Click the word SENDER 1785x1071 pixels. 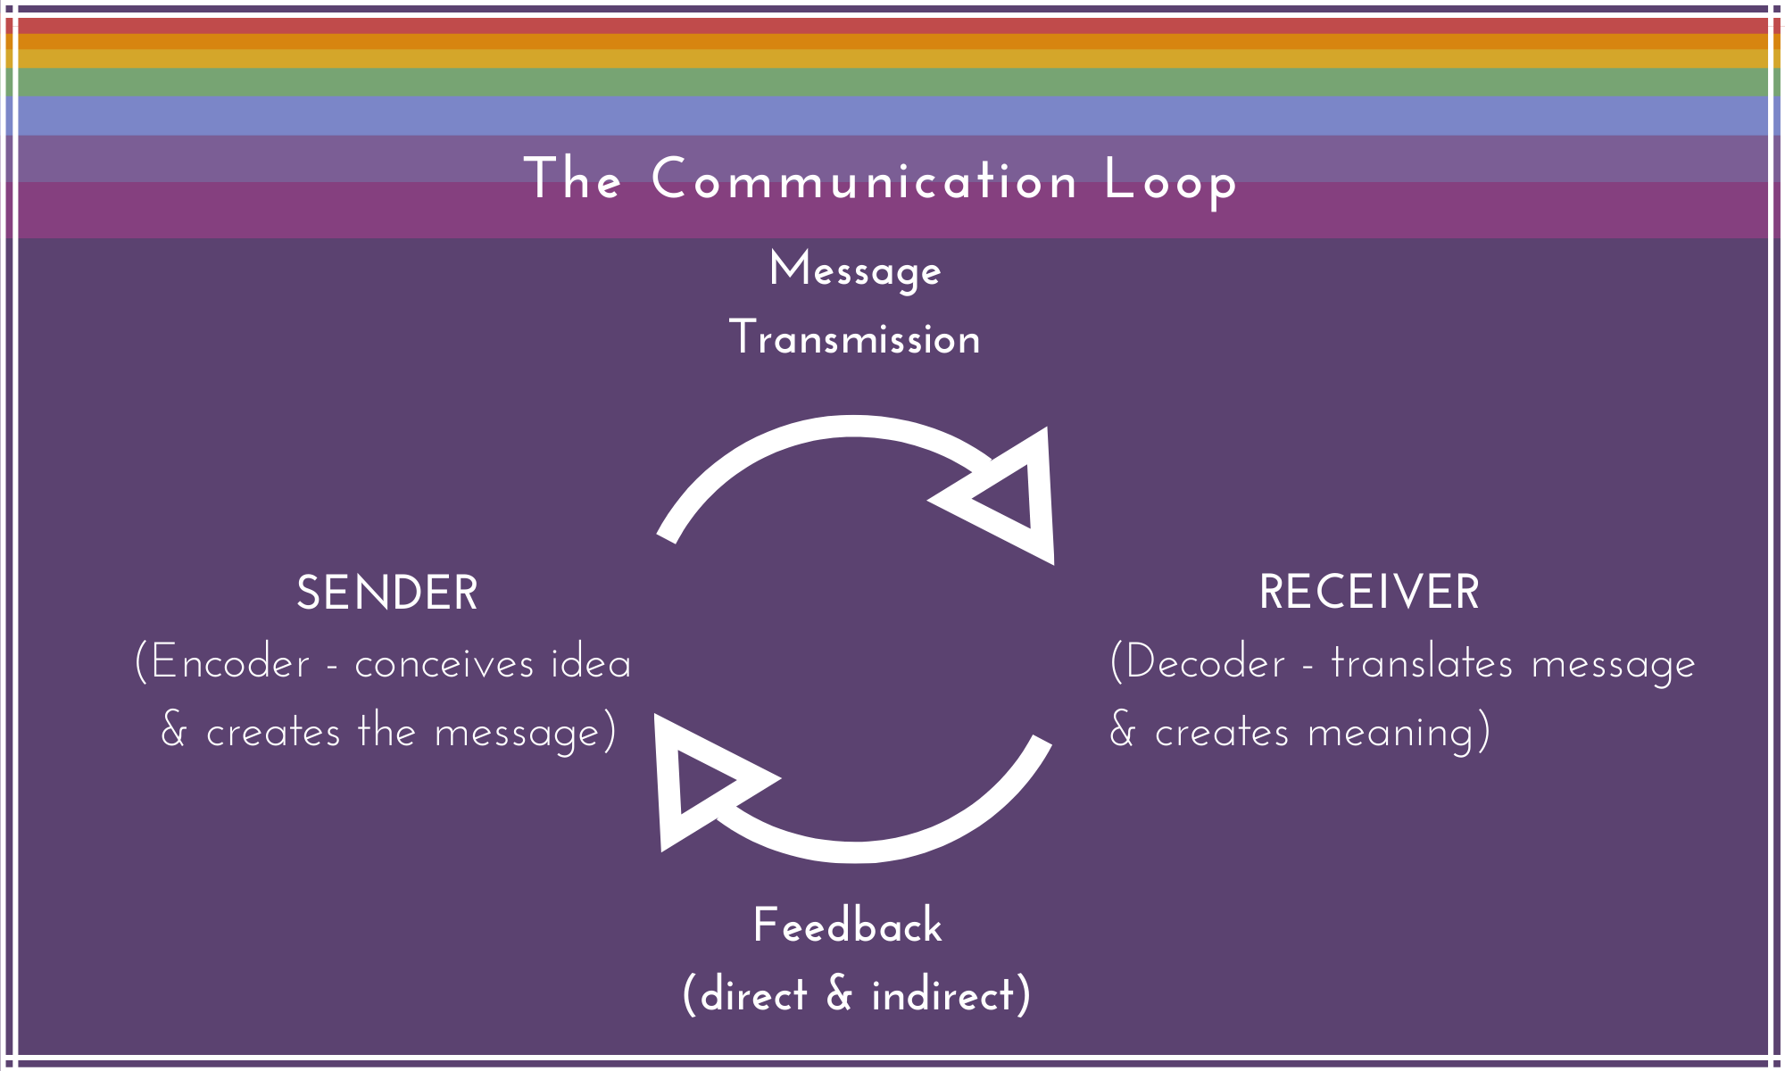[x=386, y=594]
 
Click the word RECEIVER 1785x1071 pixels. [x=1369, y=593]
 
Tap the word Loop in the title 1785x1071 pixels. [x=1170, y=181]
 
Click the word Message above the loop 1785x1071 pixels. [x=855, y=271]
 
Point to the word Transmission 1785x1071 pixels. [x=855, y=339]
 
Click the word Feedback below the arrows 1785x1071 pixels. [x=847, y=926]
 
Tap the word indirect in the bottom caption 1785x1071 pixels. [x=944, y=995]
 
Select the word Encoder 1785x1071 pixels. [x=229, y=663]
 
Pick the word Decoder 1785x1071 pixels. [x=1205, y=663]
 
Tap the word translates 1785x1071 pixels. [x=1422, y=663]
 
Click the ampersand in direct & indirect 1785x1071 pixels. [x=839, y=994]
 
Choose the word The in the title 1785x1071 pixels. [x=572, y=179]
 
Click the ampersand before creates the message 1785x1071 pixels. [x=174, y=731]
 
